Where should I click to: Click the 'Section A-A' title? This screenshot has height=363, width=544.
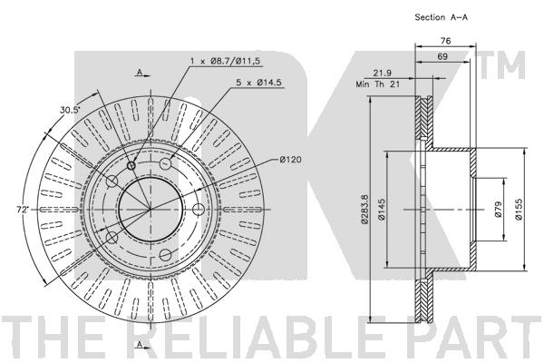(441, 17)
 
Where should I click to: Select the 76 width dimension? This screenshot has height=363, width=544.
(445, 41)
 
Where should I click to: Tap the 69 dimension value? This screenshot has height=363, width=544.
(442, 56)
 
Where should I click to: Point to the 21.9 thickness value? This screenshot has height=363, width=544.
(382, 73)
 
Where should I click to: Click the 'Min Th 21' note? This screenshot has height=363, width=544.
(378, 84)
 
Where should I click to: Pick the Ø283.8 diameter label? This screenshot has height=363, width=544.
(364, 209)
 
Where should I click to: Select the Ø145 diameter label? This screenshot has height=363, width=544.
(382, 210)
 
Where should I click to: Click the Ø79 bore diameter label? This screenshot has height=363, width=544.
(498, 210)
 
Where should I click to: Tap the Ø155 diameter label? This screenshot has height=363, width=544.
(519, 210)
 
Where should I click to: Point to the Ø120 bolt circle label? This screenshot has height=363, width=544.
(290, 160)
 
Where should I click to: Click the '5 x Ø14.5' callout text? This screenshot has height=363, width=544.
(258, 83)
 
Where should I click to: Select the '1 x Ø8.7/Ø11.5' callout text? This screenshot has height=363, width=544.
(225, 61)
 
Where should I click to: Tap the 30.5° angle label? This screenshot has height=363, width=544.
(70, 110)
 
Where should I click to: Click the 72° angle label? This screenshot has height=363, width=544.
(24, 210)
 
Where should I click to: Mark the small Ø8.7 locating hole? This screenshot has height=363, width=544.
(131, 166)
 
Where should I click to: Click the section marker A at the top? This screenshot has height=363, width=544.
(140, 73)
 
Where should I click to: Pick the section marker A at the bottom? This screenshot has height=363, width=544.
(140, 345)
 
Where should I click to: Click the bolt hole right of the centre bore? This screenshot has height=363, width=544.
(198, 210)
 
